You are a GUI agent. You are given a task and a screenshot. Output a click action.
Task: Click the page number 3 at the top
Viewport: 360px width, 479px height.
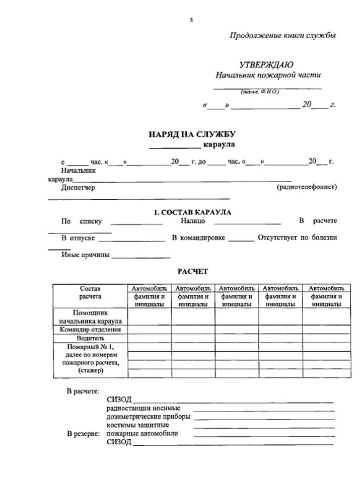[191, 20]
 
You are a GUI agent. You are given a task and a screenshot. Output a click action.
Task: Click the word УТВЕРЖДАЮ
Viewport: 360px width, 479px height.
[266, 64]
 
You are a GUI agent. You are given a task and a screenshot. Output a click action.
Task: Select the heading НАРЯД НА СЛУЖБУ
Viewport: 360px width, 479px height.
[192, 134]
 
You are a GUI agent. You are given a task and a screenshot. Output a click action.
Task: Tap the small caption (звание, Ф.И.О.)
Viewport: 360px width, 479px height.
[260, 92]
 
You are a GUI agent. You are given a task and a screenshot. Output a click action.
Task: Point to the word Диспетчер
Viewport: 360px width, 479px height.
[78, 188]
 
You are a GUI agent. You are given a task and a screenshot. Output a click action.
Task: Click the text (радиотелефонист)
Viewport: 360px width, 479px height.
[307, 187]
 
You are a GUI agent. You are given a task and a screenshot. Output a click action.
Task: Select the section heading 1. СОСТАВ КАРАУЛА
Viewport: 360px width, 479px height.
[192, 213]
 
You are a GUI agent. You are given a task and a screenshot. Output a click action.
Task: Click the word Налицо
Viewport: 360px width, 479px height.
[193, 221]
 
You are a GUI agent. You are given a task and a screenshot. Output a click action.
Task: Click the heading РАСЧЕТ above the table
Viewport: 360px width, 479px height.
[192, 272]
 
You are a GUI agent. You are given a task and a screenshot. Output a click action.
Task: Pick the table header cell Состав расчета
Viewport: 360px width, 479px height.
[90, 292]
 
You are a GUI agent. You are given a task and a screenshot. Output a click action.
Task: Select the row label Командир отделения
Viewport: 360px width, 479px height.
[90, 330]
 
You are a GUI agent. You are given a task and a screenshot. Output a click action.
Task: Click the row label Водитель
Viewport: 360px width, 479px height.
[90, 339]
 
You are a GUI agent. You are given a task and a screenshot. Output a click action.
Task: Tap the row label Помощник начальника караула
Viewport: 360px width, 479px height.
[90, 317]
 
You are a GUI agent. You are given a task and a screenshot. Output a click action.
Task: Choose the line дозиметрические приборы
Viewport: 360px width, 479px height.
[149, 417]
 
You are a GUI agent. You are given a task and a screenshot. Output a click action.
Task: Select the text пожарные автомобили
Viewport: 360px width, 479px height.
[142, 434]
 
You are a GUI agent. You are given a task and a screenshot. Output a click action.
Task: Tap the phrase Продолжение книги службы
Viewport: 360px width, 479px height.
[282, 36]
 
